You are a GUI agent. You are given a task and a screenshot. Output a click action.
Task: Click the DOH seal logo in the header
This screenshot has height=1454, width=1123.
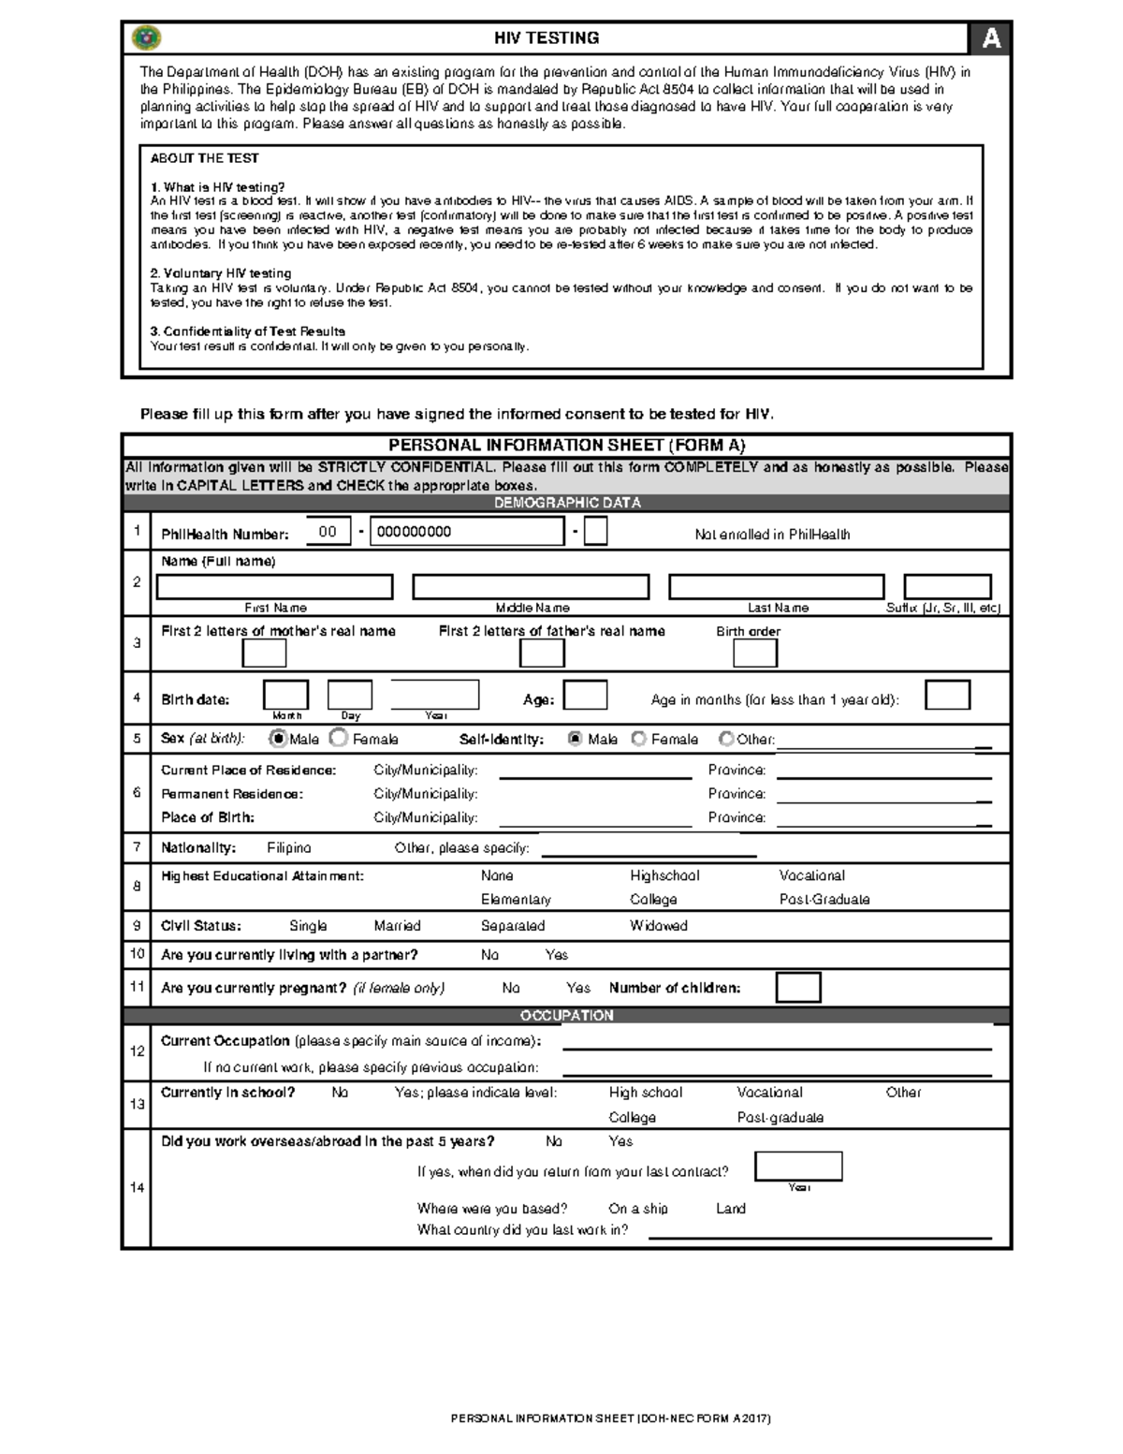point(147,37)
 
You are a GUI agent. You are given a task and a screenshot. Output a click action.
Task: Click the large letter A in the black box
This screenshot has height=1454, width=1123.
point(990,38)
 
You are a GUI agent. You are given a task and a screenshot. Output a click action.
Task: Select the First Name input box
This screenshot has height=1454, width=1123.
point(274,587)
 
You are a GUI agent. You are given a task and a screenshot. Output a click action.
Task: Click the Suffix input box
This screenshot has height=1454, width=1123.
point(947,587)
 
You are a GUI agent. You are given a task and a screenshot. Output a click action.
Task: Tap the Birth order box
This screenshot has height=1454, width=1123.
point(754,654)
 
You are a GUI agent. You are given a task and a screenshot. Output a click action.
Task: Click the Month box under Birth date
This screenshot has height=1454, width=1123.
point(285,696)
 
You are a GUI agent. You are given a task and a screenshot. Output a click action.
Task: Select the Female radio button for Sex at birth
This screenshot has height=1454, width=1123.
point(340,739)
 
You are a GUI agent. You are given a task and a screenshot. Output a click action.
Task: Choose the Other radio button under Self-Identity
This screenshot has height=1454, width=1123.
point(726,739)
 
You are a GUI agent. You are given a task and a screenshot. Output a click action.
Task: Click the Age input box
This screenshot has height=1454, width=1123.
point(585,696)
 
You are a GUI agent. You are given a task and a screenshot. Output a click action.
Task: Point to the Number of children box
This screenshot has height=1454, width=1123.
point(797,988)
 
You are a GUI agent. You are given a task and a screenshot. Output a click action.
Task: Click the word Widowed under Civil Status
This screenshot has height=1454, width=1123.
point(658,926)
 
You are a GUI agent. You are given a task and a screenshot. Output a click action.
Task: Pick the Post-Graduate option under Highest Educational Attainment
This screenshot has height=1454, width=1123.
point(824,900)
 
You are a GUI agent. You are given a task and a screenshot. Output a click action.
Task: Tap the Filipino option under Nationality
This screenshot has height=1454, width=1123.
point(288,848)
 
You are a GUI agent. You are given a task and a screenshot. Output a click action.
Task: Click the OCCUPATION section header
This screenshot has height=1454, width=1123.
point(566,1016)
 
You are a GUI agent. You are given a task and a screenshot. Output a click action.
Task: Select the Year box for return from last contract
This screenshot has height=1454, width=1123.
point(797,1166)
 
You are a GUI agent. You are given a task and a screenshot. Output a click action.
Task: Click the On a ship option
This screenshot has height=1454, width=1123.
point(637,1209)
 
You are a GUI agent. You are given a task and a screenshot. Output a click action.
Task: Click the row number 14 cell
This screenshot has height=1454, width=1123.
point(137,1187)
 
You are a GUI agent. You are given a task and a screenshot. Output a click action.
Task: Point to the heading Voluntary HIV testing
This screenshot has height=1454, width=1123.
point(221,273)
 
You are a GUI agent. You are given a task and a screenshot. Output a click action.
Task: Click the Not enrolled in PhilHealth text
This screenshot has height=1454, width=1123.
point(772,535)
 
